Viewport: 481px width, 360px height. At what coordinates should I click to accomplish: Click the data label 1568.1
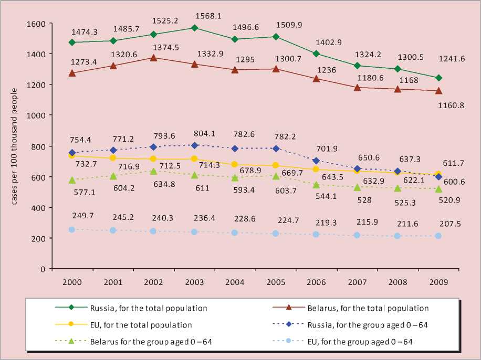point(207,15)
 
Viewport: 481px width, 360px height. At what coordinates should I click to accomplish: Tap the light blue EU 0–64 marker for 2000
point(72,229)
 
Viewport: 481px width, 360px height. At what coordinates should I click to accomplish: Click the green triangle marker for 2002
point(153,171)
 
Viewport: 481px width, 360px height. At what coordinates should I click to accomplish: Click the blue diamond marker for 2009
point(438,177)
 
